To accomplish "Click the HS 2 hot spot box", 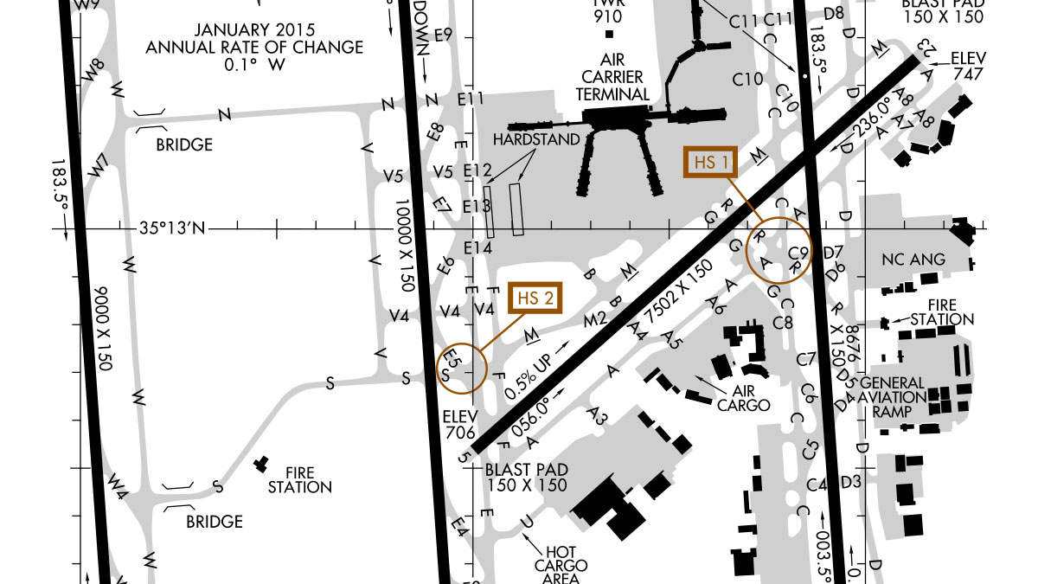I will (x=534, y=298).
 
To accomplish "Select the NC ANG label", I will (x=914, y=259).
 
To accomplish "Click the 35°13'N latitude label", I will (x=173, y=229).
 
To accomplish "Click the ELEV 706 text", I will (x=458, y=425).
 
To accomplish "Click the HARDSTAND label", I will (x=537, y=139).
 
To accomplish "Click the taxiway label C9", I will (x=800, y=253).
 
